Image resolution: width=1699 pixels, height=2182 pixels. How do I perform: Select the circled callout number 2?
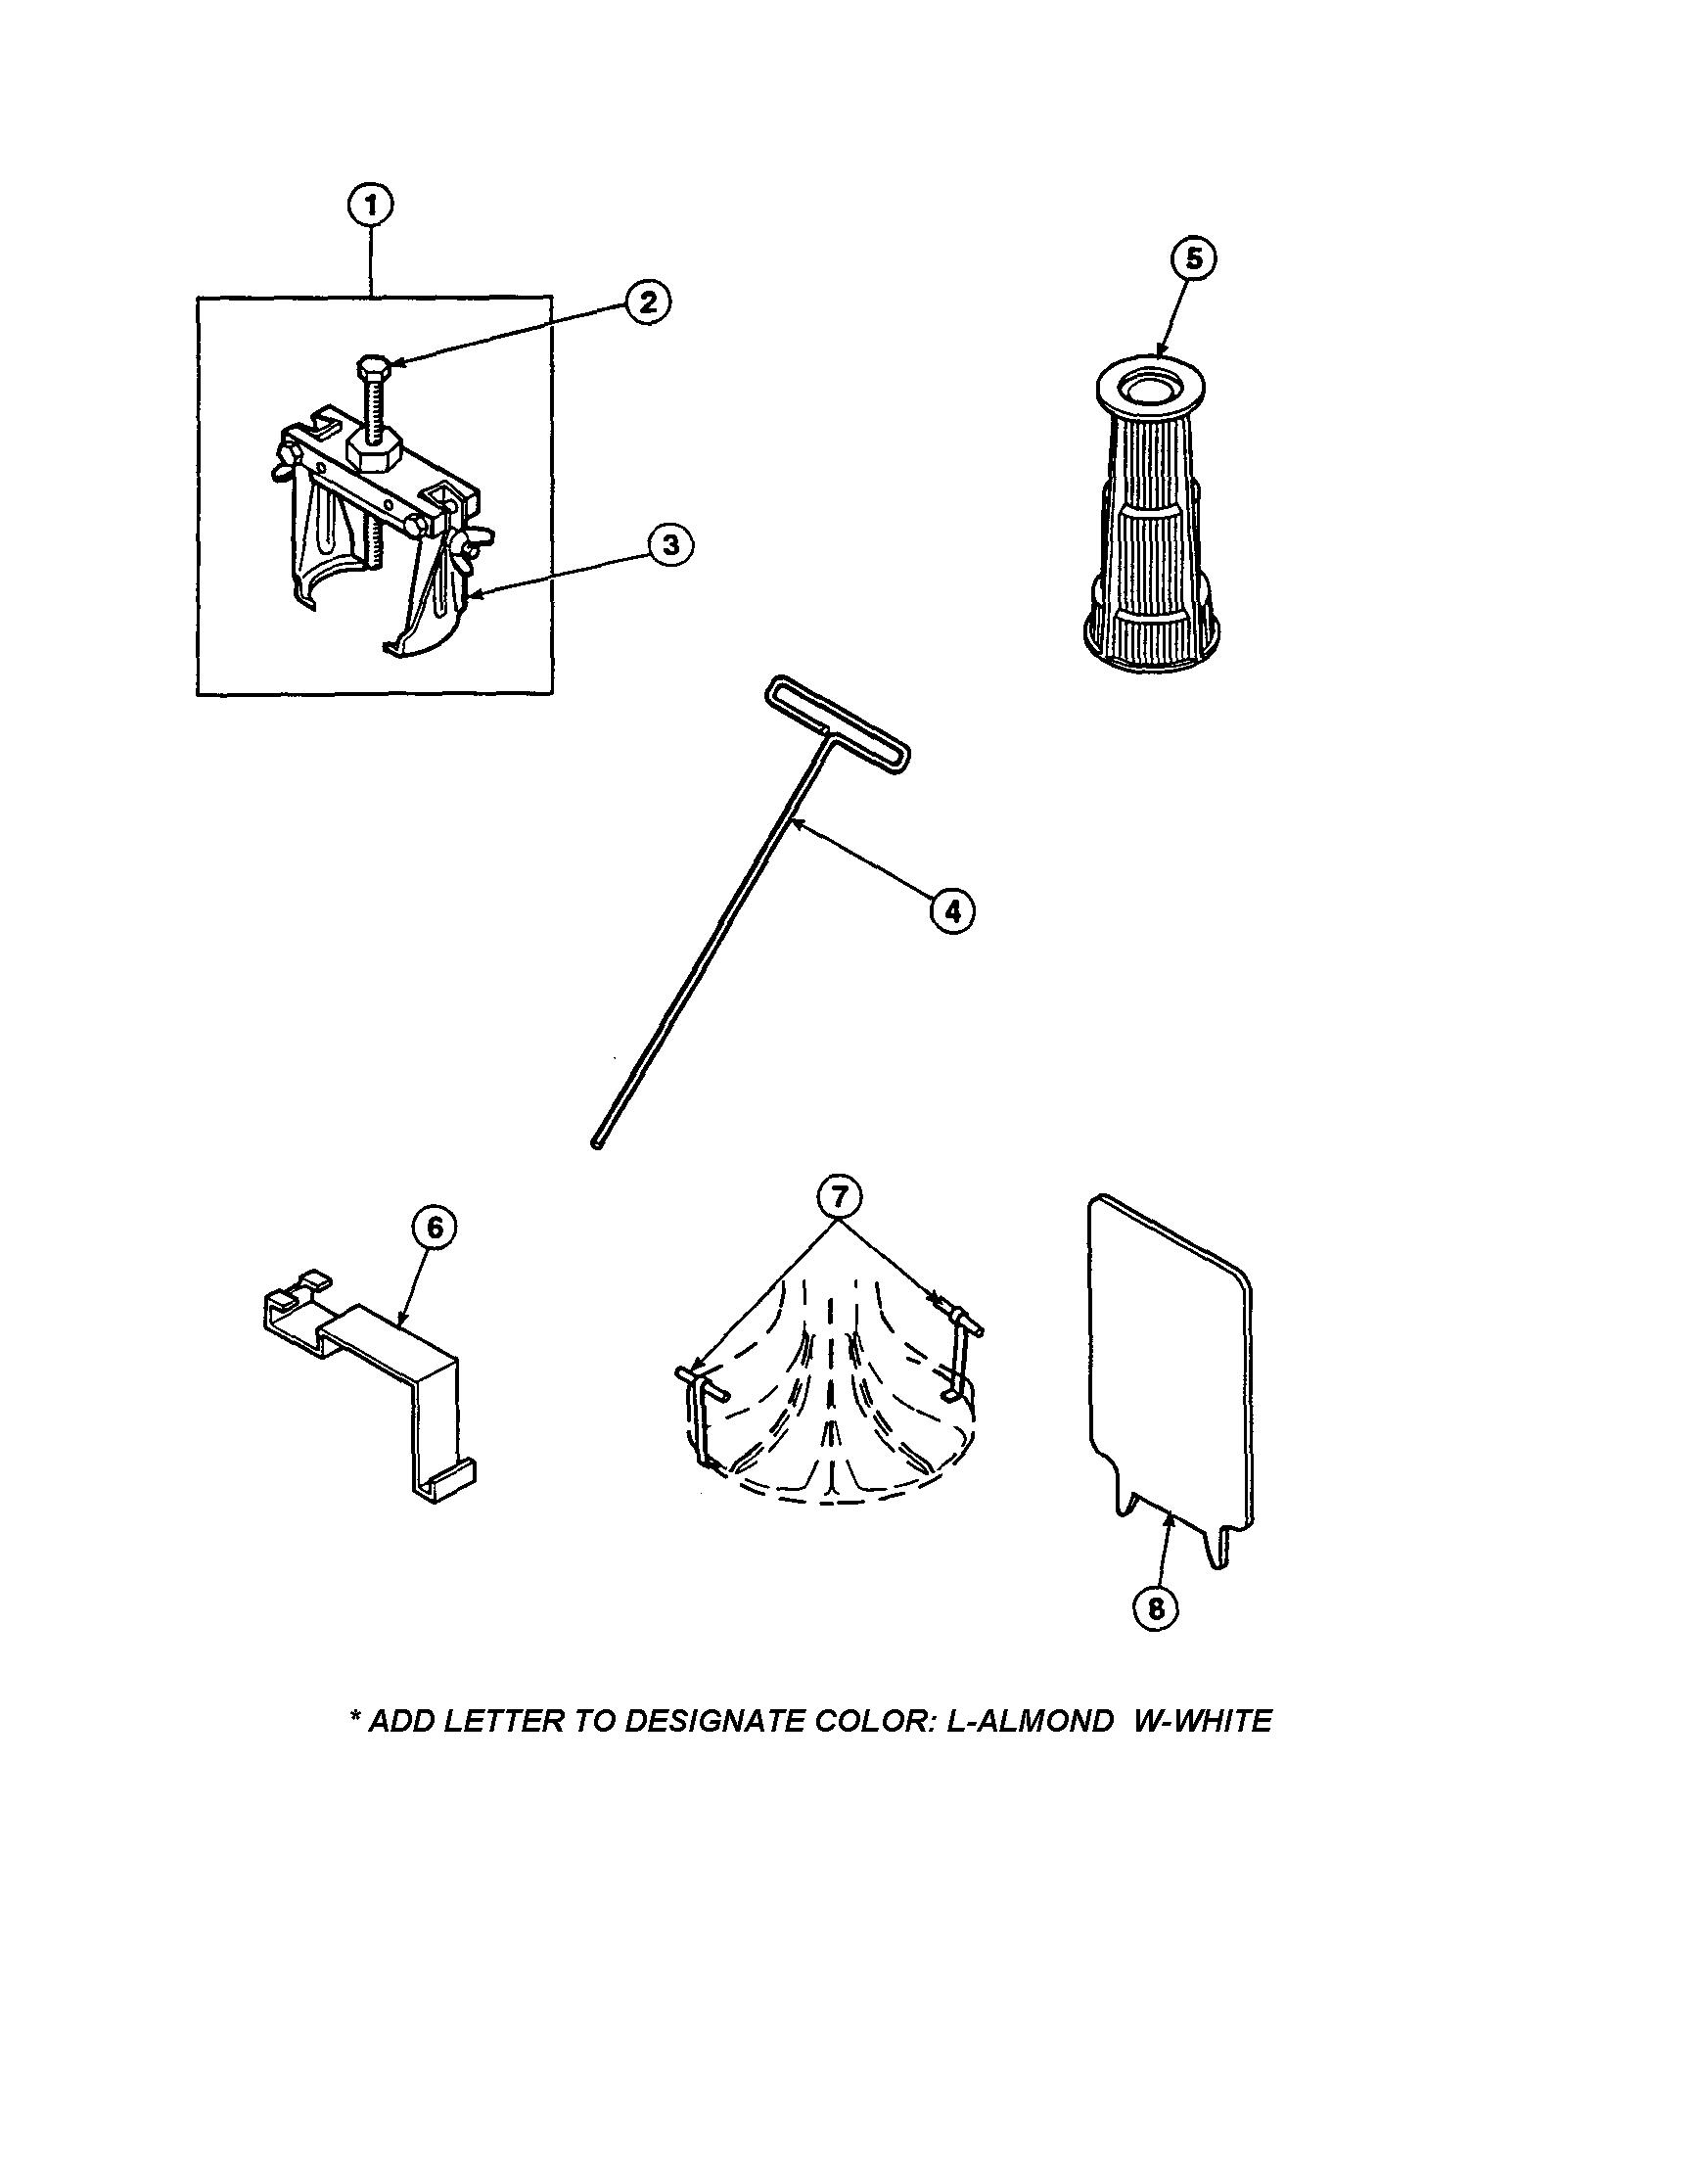click(648, 302)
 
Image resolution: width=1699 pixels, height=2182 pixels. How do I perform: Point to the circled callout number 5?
click(1194, 259)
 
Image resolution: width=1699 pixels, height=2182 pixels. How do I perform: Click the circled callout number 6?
click(434, 1229)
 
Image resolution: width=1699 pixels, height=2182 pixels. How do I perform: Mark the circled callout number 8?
click(1156, 1608)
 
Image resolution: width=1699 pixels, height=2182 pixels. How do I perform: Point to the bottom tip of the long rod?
click(597, 1144)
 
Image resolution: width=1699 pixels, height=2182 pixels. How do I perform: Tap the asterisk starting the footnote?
click(355, 1716)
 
